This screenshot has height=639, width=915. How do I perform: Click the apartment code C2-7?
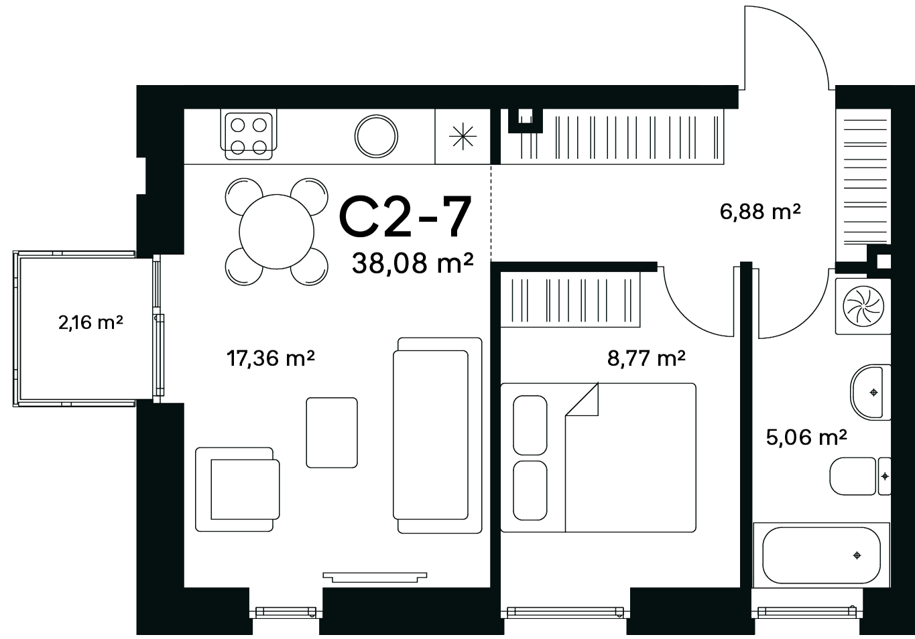click(405, 216)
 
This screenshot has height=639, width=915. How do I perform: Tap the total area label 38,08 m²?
click(412, 263)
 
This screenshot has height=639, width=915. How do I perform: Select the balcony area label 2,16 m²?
click(90, 322)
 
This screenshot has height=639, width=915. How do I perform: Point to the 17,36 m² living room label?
click(271, 358)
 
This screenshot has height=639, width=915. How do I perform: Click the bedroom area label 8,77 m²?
click(646, 358)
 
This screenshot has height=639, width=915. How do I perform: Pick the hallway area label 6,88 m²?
click(760, 212)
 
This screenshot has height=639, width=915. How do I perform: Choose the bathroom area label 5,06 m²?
click(806, 437)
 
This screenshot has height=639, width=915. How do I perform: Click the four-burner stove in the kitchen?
click(248, 136)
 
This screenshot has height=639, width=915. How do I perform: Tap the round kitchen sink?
click(376, 136)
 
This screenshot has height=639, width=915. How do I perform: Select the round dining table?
click(277, 232)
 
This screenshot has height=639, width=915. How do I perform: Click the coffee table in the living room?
click(332, 433)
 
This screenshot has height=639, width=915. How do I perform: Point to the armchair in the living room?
click(237, 489)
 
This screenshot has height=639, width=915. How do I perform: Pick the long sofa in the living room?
click(438, 435)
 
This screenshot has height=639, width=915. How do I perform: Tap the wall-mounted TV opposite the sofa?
click(375, 577)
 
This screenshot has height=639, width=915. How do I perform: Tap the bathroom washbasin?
click(870, 392)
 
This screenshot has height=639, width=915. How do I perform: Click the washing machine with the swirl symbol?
click(863, 307)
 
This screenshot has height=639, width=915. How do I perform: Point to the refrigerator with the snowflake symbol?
click(463, 136)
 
